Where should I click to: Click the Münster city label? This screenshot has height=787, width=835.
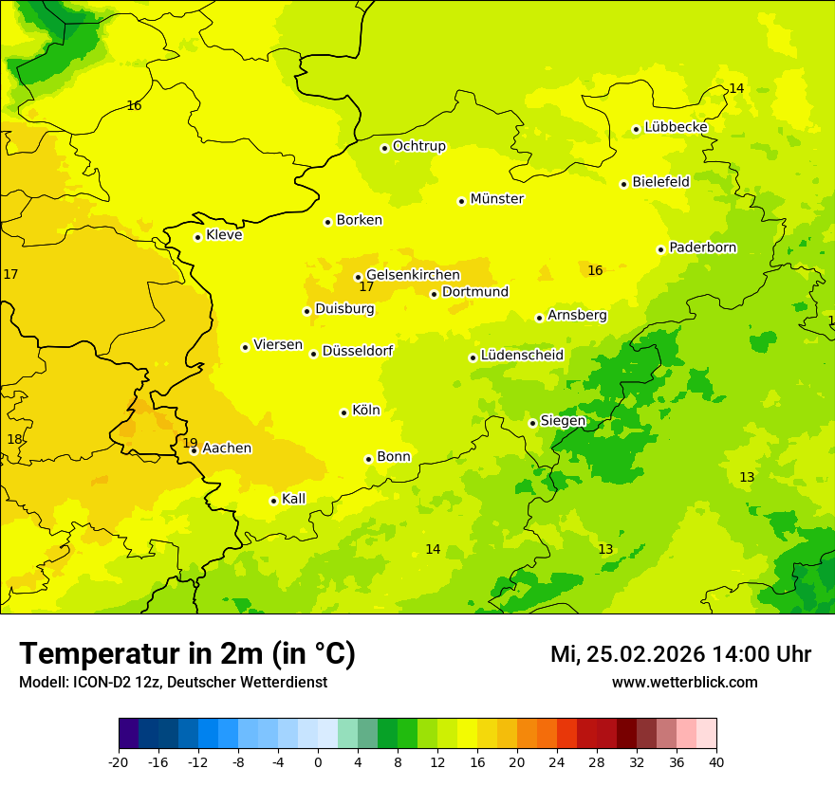click(496, 199)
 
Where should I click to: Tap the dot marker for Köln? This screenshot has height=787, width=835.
click(343, 412)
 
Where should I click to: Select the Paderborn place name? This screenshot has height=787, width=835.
click(702, 247)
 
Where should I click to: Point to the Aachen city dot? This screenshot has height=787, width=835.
click(195, 450)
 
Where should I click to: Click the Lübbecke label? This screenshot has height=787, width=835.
click(676, 127)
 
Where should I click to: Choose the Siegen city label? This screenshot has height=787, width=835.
click(563, 421)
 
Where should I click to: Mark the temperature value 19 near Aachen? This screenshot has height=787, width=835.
click(190, 443)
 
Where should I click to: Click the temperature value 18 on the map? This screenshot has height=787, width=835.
click(14, 439)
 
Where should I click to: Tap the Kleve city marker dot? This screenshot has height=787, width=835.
click(197, 237)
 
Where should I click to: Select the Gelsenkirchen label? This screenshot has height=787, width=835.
click(413, 275)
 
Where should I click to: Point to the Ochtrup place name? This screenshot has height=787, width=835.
click(418, 146)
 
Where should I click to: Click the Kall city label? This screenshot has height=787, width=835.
click(293, 499)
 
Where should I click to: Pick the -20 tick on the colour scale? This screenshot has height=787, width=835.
click(119, 762)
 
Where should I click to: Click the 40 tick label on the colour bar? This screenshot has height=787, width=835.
click(716, 762)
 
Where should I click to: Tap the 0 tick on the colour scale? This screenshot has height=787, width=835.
click(318, 762)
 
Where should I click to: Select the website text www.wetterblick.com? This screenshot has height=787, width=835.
click(684, 682)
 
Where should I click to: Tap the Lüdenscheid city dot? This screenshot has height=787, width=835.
click(473, 357)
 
